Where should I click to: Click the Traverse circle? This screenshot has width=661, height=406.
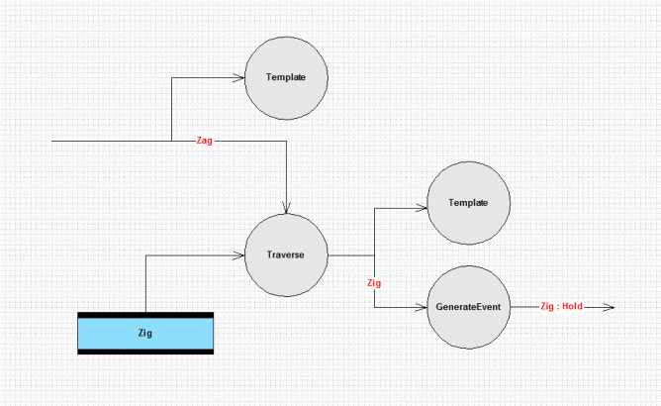pos(286,254)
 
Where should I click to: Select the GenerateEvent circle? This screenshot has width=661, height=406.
pos(468,307)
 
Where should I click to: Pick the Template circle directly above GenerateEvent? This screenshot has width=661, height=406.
pos(468,203)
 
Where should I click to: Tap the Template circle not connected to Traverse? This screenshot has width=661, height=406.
pos(286,78)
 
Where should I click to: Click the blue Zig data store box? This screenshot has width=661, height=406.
pos(145,333)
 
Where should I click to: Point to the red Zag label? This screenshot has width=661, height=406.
pos(205,141)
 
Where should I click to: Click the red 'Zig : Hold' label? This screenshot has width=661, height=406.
pos(561,306)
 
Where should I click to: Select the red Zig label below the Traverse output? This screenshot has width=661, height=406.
pos(374,283)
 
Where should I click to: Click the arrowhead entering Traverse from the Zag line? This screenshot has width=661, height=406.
pos(286,210)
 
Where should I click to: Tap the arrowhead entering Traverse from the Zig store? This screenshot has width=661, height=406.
pos(240,254)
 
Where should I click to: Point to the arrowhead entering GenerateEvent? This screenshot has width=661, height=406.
pos(423,307)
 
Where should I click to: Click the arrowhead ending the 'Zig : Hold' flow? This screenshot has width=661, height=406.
pos(611,307)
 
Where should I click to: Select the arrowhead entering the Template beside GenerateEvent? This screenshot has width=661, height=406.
pos(423,208)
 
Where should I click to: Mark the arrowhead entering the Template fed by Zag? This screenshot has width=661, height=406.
pos(240,77)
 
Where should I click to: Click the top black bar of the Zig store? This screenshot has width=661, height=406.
pos(145,315)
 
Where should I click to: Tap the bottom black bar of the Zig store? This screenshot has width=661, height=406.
pos(145,352)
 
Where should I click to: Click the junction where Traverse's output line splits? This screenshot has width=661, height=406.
pos(374,255)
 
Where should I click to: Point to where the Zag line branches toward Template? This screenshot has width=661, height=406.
pos(171,141)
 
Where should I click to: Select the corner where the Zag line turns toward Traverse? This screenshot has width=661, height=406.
pos(286,141)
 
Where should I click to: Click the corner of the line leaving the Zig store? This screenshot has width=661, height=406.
pos(145,255)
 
